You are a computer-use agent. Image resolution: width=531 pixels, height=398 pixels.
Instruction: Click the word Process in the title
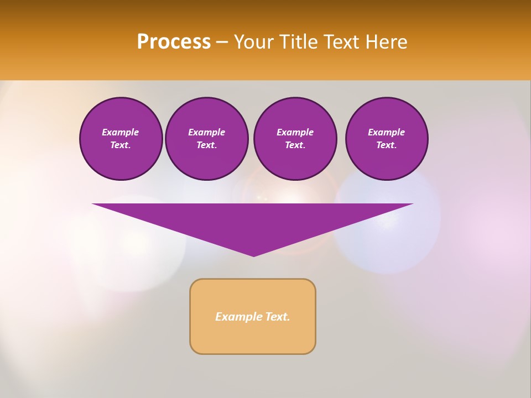(x=174, y=42)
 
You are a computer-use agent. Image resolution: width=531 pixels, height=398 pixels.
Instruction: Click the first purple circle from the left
(x=121, y=139)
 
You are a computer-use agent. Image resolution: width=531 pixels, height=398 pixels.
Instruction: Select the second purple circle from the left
(x=207, y=139)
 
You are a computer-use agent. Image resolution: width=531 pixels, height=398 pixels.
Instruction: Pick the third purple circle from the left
(x=295, y=139)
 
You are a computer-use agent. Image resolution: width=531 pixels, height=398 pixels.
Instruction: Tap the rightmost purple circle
(x=387, y=139)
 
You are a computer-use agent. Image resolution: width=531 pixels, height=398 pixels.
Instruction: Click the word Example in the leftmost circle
(x=121, y=132)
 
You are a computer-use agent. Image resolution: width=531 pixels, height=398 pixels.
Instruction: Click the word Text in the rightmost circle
(x=386, y=145)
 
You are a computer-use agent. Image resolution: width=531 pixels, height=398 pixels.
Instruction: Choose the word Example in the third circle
(x=295, y=132)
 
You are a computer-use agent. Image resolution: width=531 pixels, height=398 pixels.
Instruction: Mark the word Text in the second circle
(x=206, y=145)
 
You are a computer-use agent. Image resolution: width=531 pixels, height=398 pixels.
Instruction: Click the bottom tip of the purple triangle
(x=253, y=255)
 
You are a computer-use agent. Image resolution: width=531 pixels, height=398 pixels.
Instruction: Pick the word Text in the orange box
(x=278, y=317)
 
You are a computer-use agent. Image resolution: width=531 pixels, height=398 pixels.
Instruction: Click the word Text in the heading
(x=340, y=42)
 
